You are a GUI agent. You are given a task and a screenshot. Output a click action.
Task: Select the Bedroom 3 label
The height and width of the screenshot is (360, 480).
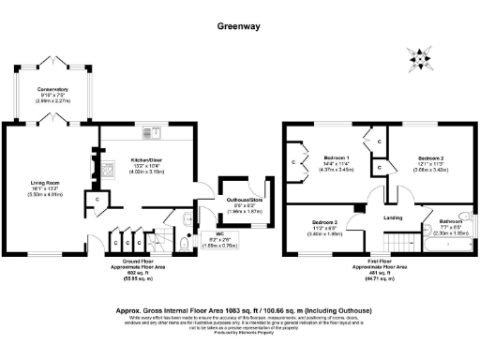324,227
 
